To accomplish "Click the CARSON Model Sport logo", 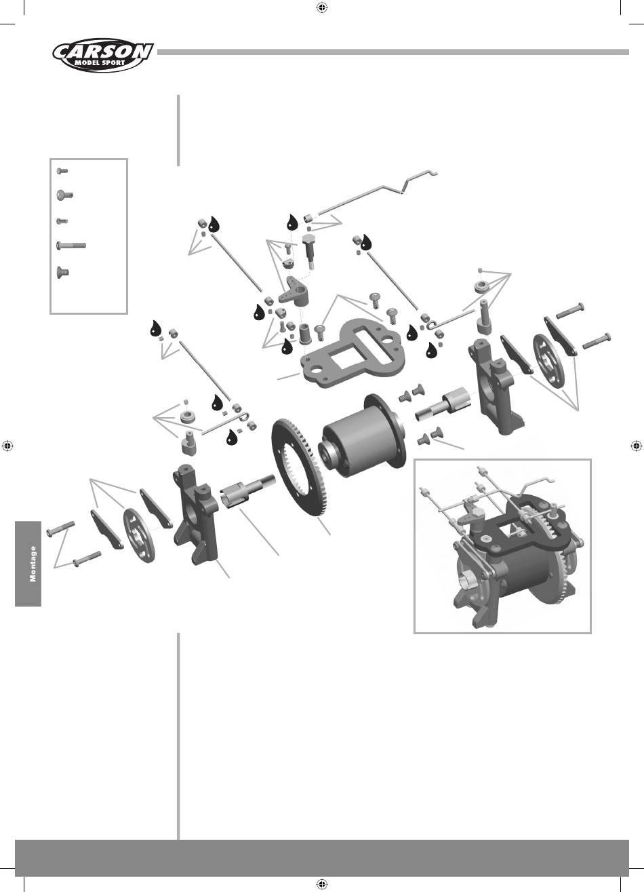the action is point(102,56).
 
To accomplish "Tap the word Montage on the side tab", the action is point(33,564).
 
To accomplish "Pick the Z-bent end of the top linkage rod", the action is point(418,180).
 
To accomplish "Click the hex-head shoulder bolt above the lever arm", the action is point(310,248).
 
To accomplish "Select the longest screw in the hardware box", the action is point(71,246).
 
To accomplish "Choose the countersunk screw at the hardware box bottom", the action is point(63,273).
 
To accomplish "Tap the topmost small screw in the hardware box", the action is point(62,171).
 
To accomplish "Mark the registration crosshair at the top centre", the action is point(322,7).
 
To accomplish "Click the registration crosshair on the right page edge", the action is point(637,446).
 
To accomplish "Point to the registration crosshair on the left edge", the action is point(7,446).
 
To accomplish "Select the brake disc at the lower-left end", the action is point(138,536).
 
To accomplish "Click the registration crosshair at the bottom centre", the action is point(322,885).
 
